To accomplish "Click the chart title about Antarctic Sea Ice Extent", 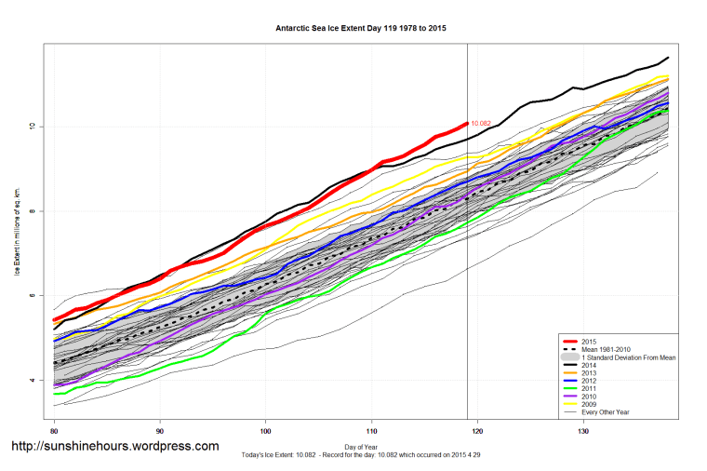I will pos(361,29).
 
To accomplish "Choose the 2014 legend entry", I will pos(588,367).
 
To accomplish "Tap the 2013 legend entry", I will pos(588,375).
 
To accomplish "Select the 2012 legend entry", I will pos(588,384).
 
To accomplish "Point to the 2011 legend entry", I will pos(588,392).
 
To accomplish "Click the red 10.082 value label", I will pos(481,124).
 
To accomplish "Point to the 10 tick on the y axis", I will pos(36,127).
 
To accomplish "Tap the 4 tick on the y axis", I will pos(38,381).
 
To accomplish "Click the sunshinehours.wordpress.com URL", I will pos(114,446).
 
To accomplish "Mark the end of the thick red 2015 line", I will pos(466,124).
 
